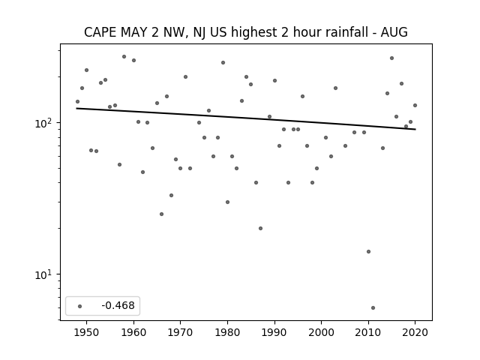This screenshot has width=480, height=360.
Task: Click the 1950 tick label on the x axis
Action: pos(87,332)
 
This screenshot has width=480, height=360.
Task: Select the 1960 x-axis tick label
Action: pos(133,332)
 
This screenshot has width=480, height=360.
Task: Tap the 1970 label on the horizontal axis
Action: pos(180,332)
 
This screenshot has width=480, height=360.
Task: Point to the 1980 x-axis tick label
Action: pos(227,332)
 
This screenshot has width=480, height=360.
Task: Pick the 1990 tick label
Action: pos(274,332)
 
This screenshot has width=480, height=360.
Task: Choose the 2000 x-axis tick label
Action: pos(322,332)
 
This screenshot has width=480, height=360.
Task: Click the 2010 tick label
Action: pos(368,332)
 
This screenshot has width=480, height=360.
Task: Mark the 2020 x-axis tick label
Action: pos(415,332)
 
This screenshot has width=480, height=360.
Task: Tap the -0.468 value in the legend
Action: pos(118,305)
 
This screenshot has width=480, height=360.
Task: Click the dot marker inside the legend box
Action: pos(79,306)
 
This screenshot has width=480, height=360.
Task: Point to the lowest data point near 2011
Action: pos(373,307)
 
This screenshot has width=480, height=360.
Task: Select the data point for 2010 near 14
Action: pos(368,252)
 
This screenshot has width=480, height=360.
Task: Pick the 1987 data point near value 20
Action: pos(260,228)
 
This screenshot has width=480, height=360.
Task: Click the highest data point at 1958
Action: pos(124,57)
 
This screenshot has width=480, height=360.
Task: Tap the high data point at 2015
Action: pos(391,58)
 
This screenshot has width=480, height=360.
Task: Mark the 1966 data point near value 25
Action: pos(162,214)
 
